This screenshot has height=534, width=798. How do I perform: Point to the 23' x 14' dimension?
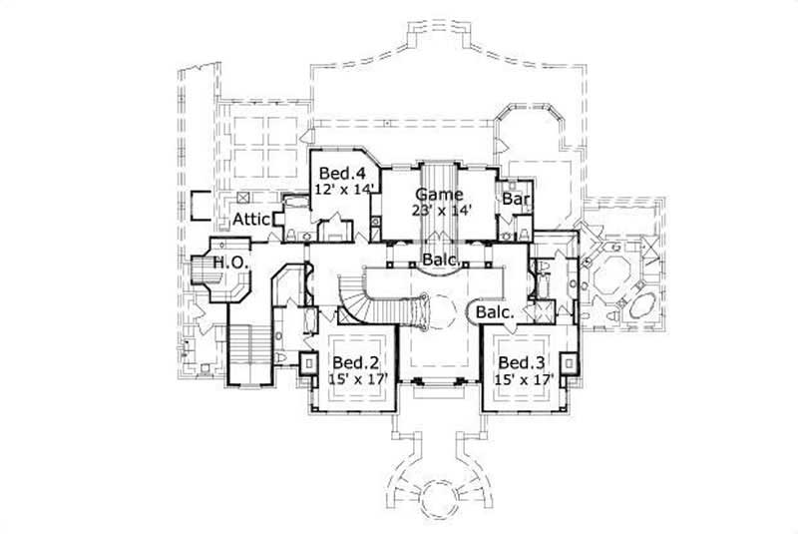440,210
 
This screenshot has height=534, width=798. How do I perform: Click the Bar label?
515,201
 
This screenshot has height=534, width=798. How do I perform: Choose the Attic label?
251,220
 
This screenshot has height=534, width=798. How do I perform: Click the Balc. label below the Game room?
440,262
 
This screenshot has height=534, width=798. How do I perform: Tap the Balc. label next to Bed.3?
495,312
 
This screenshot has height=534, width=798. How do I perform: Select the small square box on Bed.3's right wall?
571,363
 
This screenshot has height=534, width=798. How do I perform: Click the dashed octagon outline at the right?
616,271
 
